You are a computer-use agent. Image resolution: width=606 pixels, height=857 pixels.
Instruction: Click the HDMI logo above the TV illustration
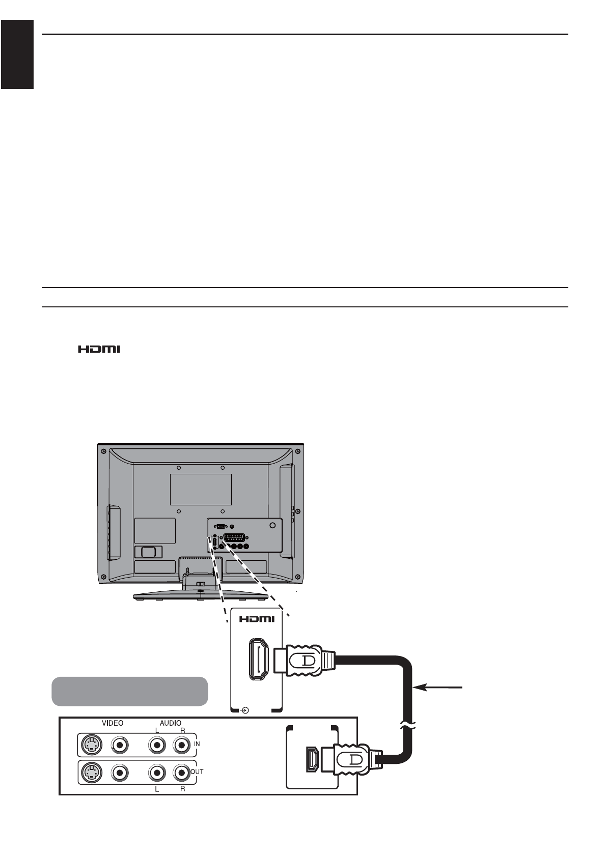point(99,350)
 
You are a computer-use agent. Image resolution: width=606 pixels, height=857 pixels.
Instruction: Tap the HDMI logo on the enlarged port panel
point(257,619)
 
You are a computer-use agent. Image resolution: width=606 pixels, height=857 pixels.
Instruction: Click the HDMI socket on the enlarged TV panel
point(259,660)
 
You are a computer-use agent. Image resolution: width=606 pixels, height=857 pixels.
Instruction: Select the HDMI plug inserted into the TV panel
point(305,660)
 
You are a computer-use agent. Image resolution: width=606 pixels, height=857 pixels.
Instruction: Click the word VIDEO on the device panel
point(113,723)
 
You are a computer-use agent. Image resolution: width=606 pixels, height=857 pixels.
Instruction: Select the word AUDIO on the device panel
point(171,723)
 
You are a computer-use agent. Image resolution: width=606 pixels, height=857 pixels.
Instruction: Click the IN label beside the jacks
point(197,744)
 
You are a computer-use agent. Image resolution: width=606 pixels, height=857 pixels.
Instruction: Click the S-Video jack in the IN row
point(91,746)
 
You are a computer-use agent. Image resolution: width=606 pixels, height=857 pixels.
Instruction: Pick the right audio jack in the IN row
point(181,746)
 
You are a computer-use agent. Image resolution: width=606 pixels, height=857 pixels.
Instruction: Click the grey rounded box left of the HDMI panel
point(130,691)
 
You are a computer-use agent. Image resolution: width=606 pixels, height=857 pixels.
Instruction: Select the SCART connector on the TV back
point(234,538)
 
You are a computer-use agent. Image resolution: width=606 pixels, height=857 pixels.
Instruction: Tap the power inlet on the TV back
point(148,551)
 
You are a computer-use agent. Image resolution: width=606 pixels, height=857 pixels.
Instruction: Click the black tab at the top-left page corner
point(17,54)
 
